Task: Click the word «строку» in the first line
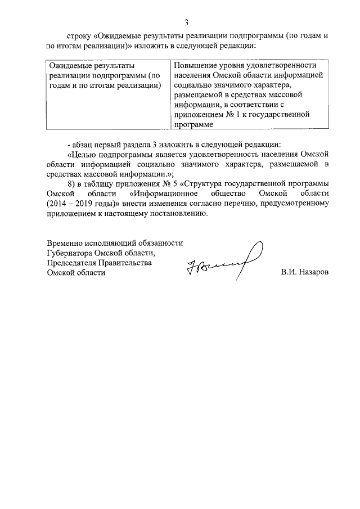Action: point(78,35)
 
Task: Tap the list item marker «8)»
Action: point(71,184)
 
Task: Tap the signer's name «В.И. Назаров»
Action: point(304,273)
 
